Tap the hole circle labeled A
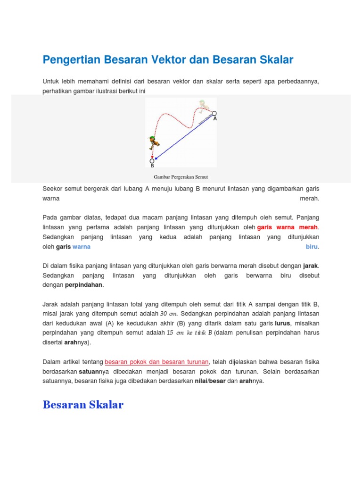214,113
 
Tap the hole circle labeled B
152,161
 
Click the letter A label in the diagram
215,119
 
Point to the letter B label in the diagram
152,167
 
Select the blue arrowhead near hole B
156,158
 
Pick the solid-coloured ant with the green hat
153,142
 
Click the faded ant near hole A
203,106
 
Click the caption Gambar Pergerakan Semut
181,177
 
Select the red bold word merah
308,227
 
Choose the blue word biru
312,247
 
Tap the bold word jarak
311,266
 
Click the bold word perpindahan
83,285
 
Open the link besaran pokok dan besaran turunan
156,362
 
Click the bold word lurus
283,323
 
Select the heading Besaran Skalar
83,405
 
